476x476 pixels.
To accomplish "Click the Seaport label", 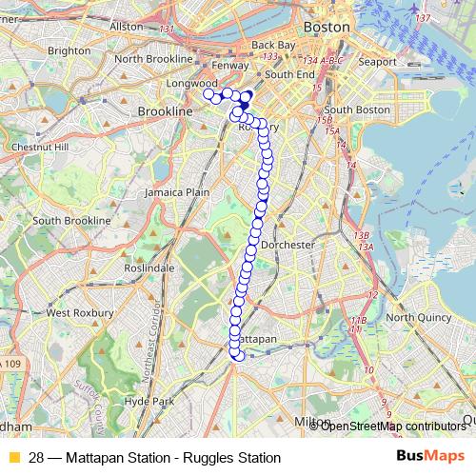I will [378, 62].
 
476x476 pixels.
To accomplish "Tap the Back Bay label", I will [275, 45].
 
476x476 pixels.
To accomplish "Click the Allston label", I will [126, 27].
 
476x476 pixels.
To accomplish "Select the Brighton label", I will [69, 50].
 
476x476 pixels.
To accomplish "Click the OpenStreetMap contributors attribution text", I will [392, 426].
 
